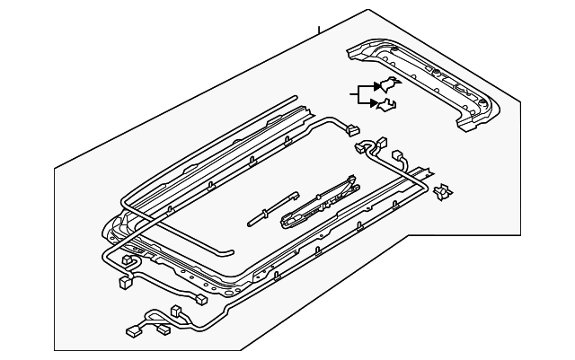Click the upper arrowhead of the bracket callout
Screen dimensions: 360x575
pyautogui.click(x=376, y=88)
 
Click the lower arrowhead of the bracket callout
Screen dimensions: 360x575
pyautogui.click(x=375, y=103)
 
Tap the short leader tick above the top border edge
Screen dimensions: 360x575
pyautogui.click(x=319, y=31)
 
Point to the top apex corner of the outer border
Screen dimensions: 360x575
pyautogui.click(x=368, y=10)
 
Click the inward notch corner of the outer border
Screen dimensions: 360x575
pyautogui.click(x=410, y=235)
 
